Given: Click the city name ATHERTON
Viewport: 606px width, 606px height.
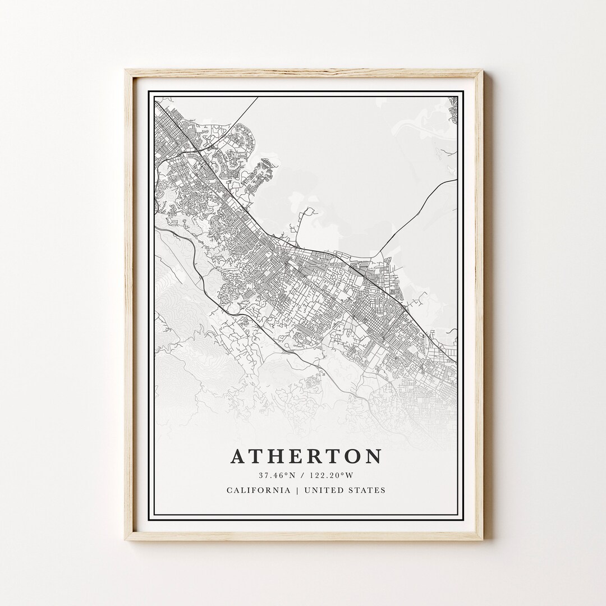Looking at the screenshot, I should tap(306, 456).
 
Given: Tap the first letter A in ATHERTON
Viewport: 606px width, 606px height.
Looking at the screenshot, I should tap(237, 457).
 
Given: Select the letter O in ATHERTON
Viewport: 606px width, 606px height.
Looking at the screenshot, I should tap(352, 457).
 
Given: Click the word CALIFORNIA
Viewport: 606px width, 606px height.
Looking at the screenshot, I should tap(259, 490).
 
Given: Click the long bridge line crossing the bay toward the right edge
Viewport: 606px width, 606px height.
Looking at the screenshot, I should tap(415, 208).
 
